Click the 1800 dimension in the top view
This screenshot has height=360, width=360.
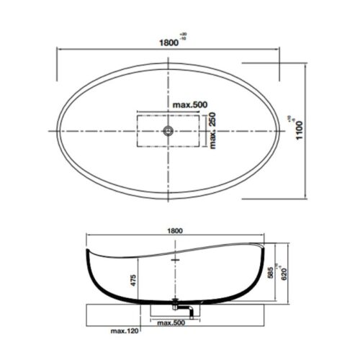168,42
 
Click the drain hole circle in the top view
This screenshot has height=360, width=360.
168,130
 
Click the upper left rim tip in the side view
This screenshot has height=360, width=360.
86,250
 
